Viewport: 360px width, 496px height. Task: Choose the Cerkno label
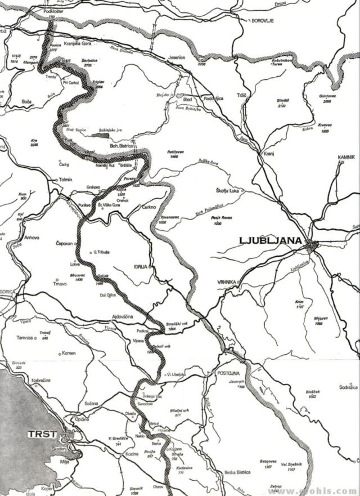point(148,207)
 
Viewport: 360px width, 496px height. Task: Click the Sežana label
point(91,404)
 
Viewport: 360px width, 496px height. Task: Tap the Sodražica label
point(348,387)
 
